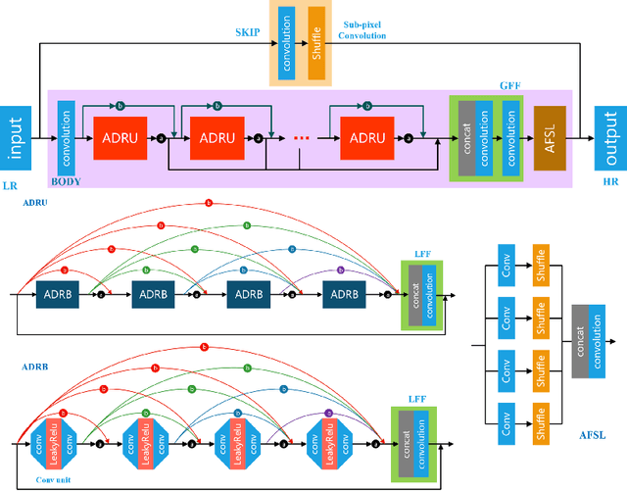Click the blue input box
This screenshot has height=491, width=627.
(x=15, y=138)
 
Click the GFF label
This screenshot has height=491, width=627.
(x=510, y=86)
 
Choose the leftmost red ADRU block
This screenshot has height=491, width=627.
(x=119, y=138)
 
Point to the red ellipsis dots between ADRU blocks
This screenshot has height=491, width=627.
(x=301, y=138)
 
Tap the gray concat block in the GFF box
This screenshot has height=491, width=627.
(x=467, y=138)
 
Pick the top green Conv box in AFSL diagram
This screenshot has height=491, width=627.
(x=506, y=267)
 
